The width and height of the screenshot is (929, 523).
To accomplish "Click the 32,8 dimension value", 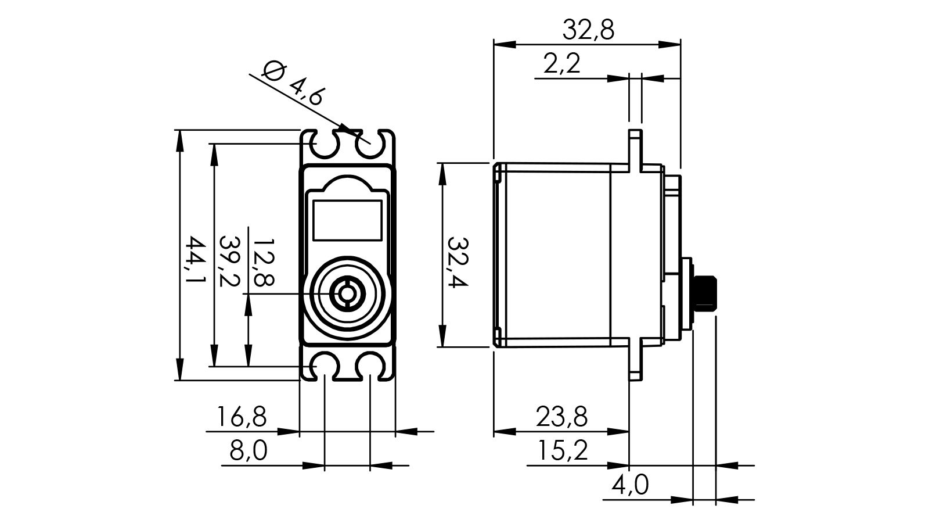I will (588, 30).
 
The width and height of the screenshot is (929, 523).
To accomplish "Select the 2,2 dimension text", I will (562, 64).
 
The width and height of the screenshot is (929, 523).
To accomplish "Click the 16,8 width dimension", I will (242, 417).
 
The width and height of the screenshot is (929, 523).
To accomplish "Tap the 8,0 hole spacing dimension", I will (248, 451).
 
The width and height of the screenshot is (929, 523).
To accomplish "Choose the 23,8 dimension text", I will (561, 417).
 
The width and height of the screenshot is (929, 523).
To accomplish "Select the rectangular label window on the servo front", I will (347, 220).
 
